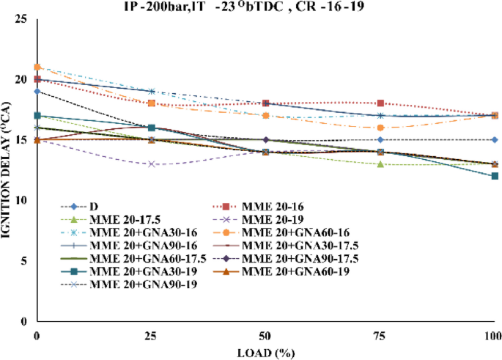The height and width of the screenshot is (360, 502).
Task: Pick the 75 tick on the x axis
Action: (380, 334)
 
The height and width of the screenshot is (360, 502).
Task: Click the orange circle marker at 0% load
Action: (37, 67)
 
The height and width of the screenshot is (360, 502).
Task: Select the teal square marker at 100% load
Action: (495, 176)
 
